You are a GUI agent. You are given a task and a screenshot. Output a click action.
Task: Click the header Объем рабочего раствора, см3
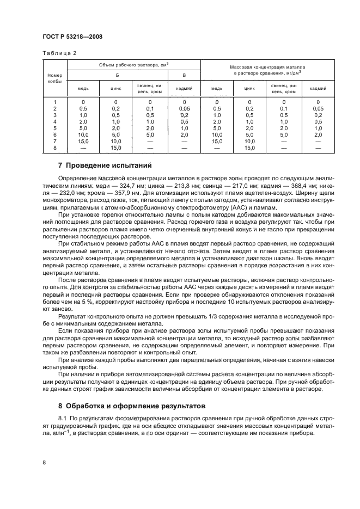[133, 64]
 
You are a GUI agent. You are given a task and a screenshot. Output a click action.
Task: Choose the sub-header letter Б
[116, 75]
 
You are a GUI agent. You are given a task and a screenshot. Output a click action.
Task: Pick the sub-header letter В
[184, 75]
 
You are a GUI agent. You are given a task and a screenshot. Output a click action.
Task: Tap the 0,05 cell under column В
[184, 108]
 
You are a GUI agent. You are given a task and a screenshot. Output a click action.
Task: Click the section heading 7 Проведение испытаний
[105, 164]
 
